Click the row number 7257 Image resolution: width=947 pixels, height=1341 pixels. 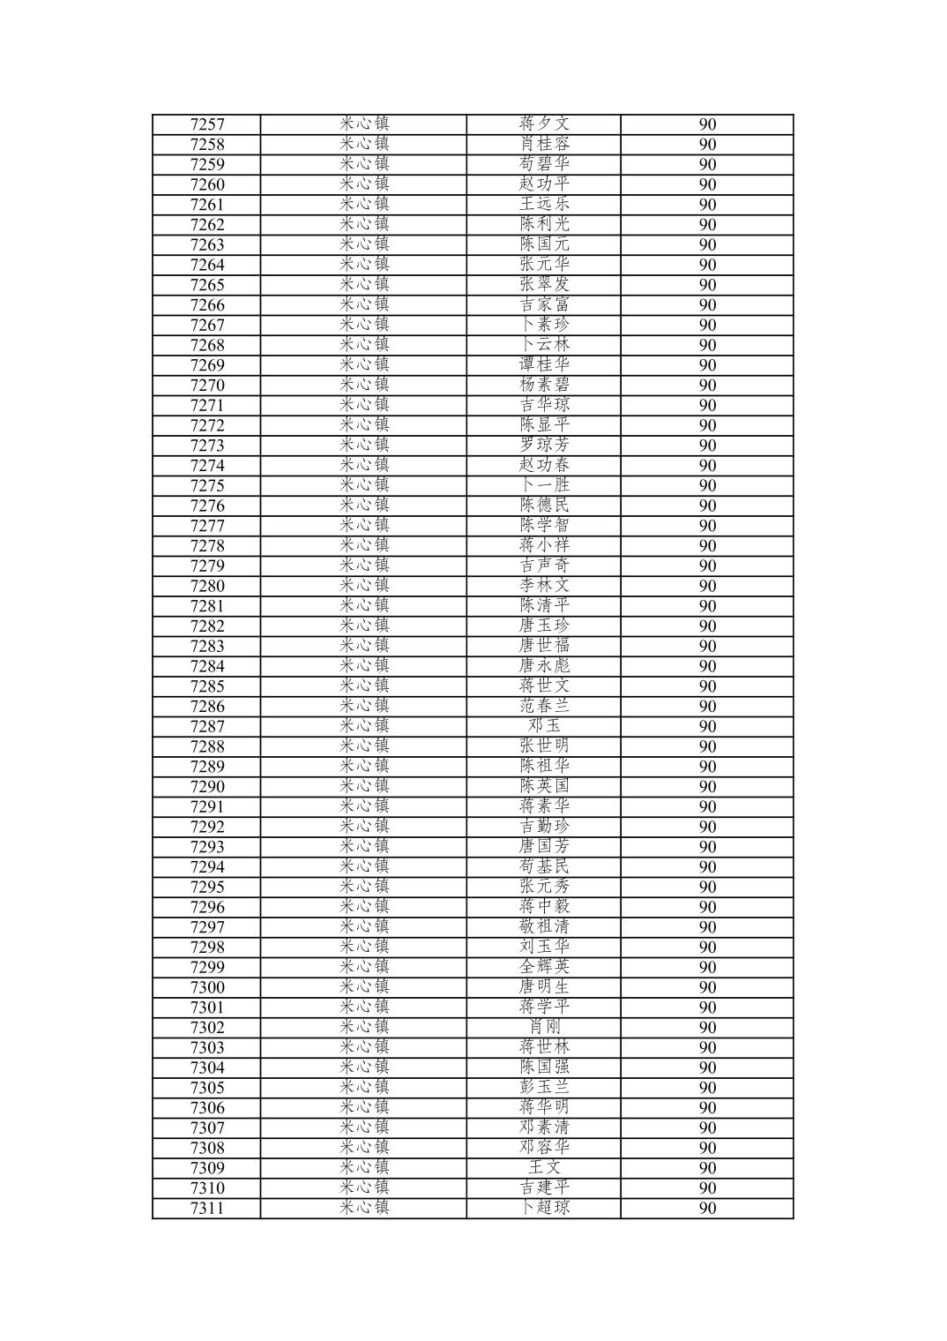tap(207, 124)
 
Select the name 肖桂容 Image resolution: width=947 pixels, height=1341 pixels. tap(544, 144)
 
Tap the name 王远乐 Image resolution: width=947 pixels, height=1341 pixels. tap(544, 205)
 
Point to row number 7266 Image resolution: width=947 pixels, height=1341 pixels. tap(207, 305)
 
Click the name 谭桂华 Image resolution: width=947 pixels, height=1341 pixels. tap(544, 365)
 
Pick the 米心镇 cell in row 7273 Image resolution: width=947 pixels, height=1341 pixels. tap(364, 446)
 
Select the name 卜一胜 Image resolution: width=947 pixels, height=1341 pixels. tap(544, 485)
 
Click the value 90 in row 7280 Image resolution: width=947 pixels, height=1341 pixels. tap(707, 587)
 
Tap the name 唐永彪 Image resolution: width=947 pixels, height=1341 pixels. tap(544, 666)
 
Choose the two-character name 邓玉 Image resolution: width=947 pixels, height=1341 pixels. tap(544, 726)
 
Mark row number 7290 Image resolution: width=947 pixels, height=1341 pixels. tap(207, 787)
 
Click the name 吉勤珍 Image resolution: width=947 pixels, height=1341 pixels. tap(544, 827)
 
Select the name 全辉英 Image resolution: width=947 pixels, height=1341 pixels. tap(544, 967)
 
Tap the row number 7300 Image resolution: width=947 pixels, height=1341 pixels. tap(207, 987)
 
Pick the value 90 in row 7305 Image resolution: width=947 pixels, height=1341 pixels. tap(707, 1088)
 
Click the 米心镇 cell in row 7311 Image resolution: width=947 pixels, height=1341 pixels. tap(364, 1208)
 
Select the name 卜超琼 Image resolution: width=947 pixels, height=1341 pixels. tap(544, 1208)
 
